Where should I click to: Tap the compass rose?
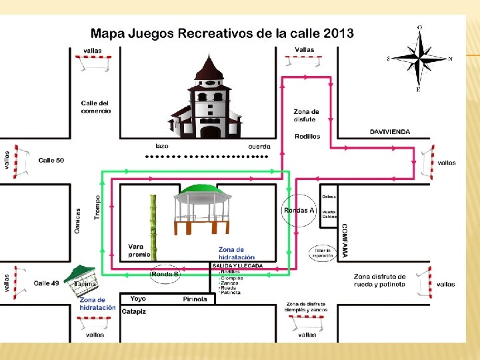[419, 59]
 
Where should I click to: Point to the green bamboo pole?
[153, 226]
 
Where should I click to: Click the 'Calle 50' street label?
[51, 160]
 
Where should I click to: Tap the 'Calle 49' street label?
[46, 283]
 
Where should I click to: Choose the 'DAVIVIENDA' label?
[390, 132]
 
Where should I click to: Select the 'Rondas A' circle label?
[299, 210]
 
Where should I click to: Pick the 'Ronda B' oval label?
[165, 274]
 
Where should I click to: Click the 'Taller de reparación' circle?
[323, 253]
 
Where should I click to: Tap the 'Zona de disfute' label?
[306, 115]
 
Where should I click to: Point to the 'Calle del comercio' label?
[96, 107]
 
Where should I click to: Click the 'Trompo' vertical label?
[97, 207]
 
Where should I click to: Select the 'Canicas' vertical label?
[78, 220]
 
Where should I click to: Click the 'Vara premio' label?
[139, 250]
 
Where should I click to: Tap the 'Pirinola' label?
[195, 299]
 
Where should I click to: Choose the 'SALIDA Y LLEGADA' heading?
[237, 266]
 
